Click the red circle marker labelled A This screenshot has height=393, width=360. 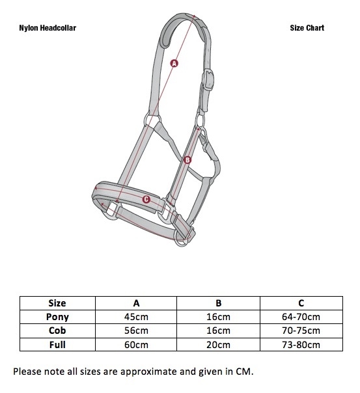pyautogui.click(x=174, y=63)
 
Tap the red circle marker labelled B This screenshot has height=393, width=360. pyautogui.click(x=187, y=160)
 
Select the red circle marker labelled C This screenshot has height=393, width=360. pyautogui.click(x=146, y=200)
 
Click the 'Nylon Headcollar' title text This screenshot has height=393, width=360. pyautogui.click(x=48, y=28)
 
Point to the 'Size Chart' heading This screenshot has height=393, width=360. pyautogui.click(x=307, y=28)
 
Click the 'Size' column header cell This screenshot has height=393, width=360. pyautogui.click(x=57, y=303)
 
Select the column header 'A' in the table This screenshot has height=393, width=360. pyautogui.click(x=136, y=303)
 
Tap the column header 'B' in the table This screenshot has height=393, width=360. pyautogui.click(x=218, y=303)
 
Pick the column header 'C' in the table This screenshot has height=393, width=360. pyautogui.click(x=301, y=303)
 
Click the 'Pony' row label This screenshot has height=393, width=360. pyautogui.click(x=57, y=317)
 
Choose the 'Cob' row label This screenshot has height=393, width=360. pyautogui.click(x=57, y=331)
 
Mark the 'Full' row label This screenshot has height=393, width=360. pyautogui.click(x=57, y=345)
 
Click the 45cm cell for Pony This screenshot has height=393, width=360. pyautogui.click(x=136, y=317)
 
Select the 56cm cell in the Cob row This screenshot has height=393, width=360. pyautogui.click(x=136, y=331)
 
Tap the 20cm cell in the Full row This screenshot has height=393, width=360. pyautogui.click(x=218, y=345)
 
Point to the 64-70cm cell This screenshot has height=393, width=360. pyautogui.click(x=301, y=317)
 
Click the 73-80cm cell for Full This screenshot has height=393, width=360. pyautogui.click(x=301, y=345)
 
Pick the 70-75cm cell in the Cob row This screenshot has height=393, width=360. pyautogui.click(x=301, y=331)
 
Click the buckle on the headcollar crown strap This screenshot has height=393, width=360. pyautogui.click(x=208, y=79)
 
